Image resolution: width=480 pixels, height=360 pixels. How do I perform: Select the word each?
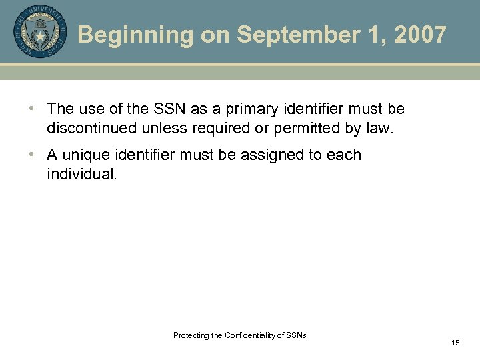344,155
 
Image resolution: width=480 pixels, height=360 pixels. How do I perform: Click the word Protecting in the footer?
189,335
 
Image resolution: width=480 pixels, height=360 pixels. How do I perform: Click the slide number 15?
455,343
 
